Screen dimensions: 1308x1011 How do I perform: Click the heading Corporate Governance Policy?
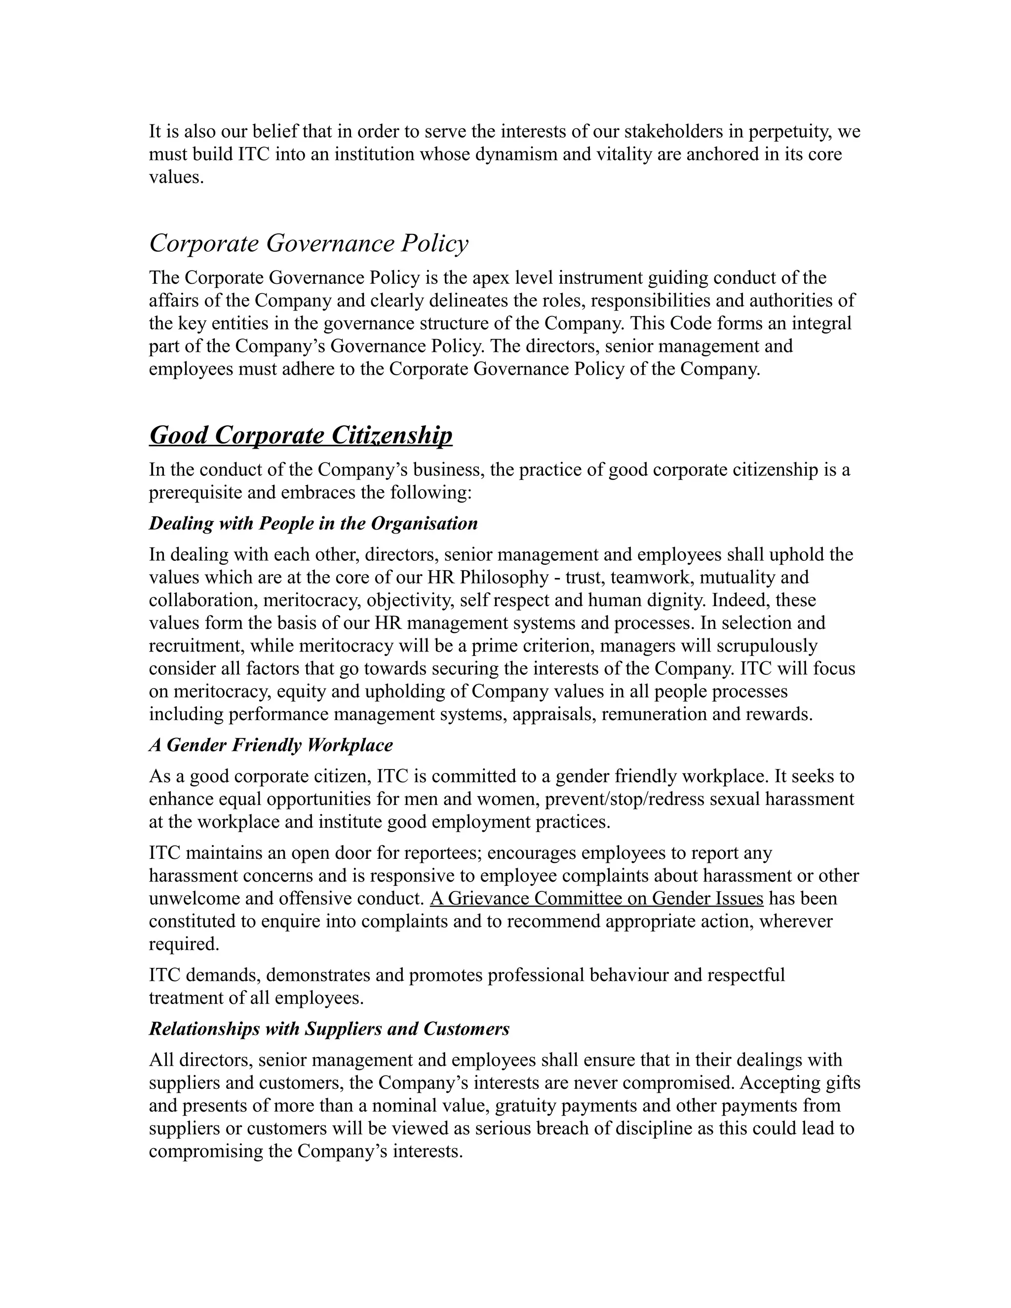[309, 243]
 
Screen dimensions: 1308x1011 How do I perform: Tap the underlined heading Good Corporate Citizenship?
[301, 435]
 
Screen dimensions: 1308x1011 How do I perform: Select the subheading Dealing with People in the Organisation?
[313, 523]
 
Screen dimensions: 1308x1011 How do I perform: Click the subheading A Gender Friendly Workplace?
[271, 745]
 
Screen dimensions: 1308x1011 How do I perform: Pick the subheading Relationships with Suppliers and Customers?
[329, 1029]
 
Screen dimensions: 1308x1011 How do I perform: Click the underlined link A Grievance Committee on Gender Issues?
[596, 898]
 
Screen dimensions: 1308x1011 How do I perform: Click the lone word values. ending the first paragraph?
[177, 177]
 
